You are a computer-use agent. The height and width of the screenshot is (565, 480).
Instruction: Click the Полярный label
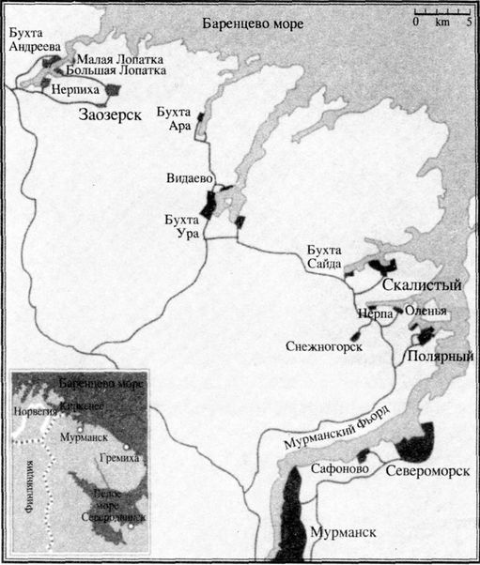tap(439, 358)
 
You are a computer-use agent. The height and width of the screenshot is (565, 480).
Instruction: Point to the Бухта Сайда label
tap(323, 258)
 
